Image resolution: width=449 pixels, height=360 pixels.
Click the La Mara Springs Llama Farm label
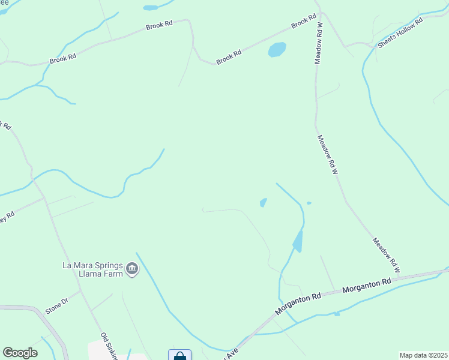pos(92,269)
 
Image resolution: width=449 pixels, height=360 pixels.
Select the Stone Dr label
pos(57,305)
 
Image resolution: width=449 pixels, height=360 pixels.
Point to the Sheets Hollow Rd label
pos(400,32)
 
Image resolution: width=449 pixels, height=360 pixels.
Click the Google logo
pos(20,353)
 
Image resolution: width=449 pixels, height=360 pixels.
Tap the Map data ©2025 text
pos(423,355)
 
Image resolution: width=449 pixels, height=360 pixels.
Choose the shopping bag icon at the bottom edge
pos(179,356)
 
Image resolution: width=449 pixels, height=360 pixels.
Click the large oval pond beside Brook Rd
pos(277,49)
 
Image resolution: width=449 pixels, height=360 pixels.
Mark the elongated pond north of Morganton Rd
pos(298,241)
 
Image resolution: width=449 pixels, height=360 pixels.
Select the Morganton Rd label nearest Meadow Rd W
pos(367,285)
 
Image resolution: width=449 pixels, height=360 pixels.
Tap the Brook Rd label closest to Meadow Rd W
pos(304,22)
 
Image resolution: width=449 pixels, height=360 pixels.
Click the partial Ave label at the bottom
pos(232,353)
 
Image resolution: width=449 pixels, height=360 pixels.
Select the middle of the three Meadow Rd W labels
pos(328,154)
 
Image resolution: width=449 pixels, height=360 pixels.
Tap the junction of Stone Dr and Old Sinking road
pos(80,292)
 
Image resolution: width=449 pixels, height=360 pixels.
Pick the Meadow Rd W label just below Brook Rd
pos(319,44)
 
